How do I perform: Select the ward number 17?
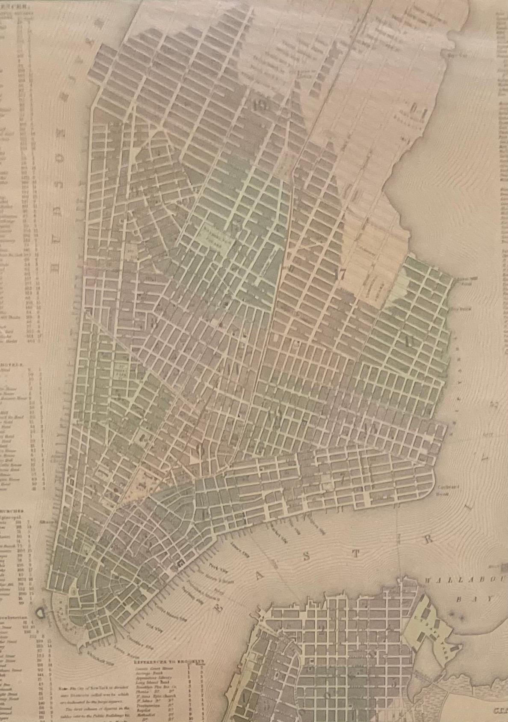tap(341, 276)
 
